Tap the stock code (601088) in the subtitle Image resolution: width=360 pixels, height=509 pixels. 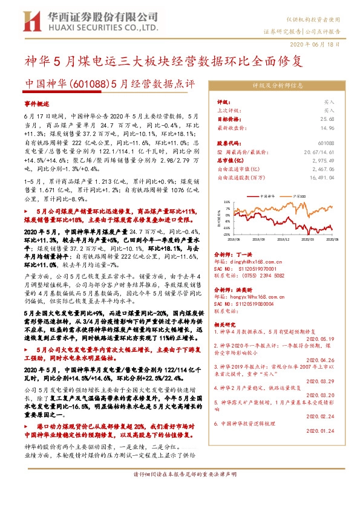click(x=91, y=83)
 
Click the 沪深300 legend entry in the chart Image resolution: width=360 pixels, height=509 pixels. click(x=298, y=196)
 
